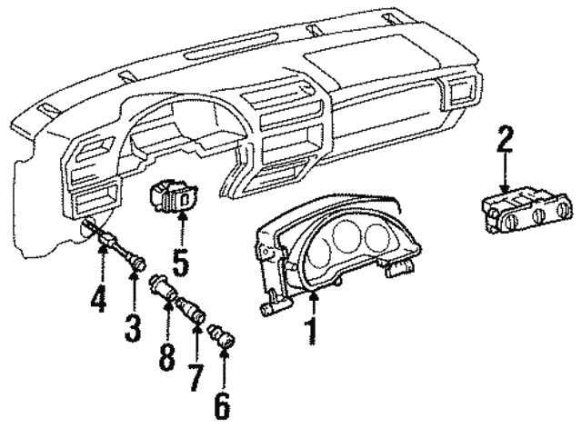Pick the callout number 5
click(x=180, y=262)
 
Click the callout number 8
click(x=166, y=353)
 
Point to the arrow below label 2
click(x=506, y=177)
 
